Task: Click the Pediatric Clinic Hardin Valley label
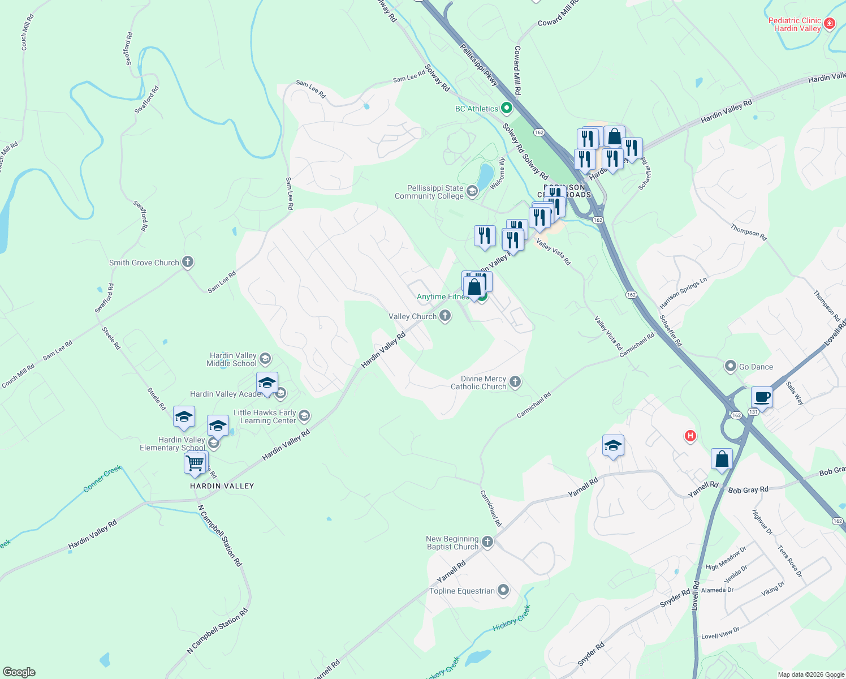[794, 24]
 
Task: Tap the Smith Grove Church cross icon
[188, 262]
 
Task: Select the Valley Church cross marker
[445, 316]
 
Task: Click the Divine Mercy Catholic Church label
[478, 383]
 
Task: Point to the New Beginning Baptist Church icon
[487, 542]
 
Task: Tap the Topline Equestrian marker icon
[503, 590]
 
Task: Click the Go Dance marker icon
[730, 366]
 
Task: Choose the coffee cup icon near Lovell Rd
[762, 397]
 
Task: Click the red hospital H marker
[690, 436]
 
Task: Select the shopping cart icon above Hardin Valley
[195, 463]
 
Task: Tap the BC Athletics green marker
[507, 108]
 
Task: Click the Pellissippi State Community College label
[429, 192]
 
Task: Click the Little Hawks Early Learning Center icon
[304, 416]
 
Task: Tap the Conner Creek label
[102, 478]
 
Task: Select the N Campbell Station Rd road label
[220, 535]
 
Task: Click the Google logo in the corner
[19, 672]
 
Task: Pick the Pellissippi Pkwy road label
[478, 66]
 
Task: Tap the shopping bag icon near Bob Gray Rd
[722, 459]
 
